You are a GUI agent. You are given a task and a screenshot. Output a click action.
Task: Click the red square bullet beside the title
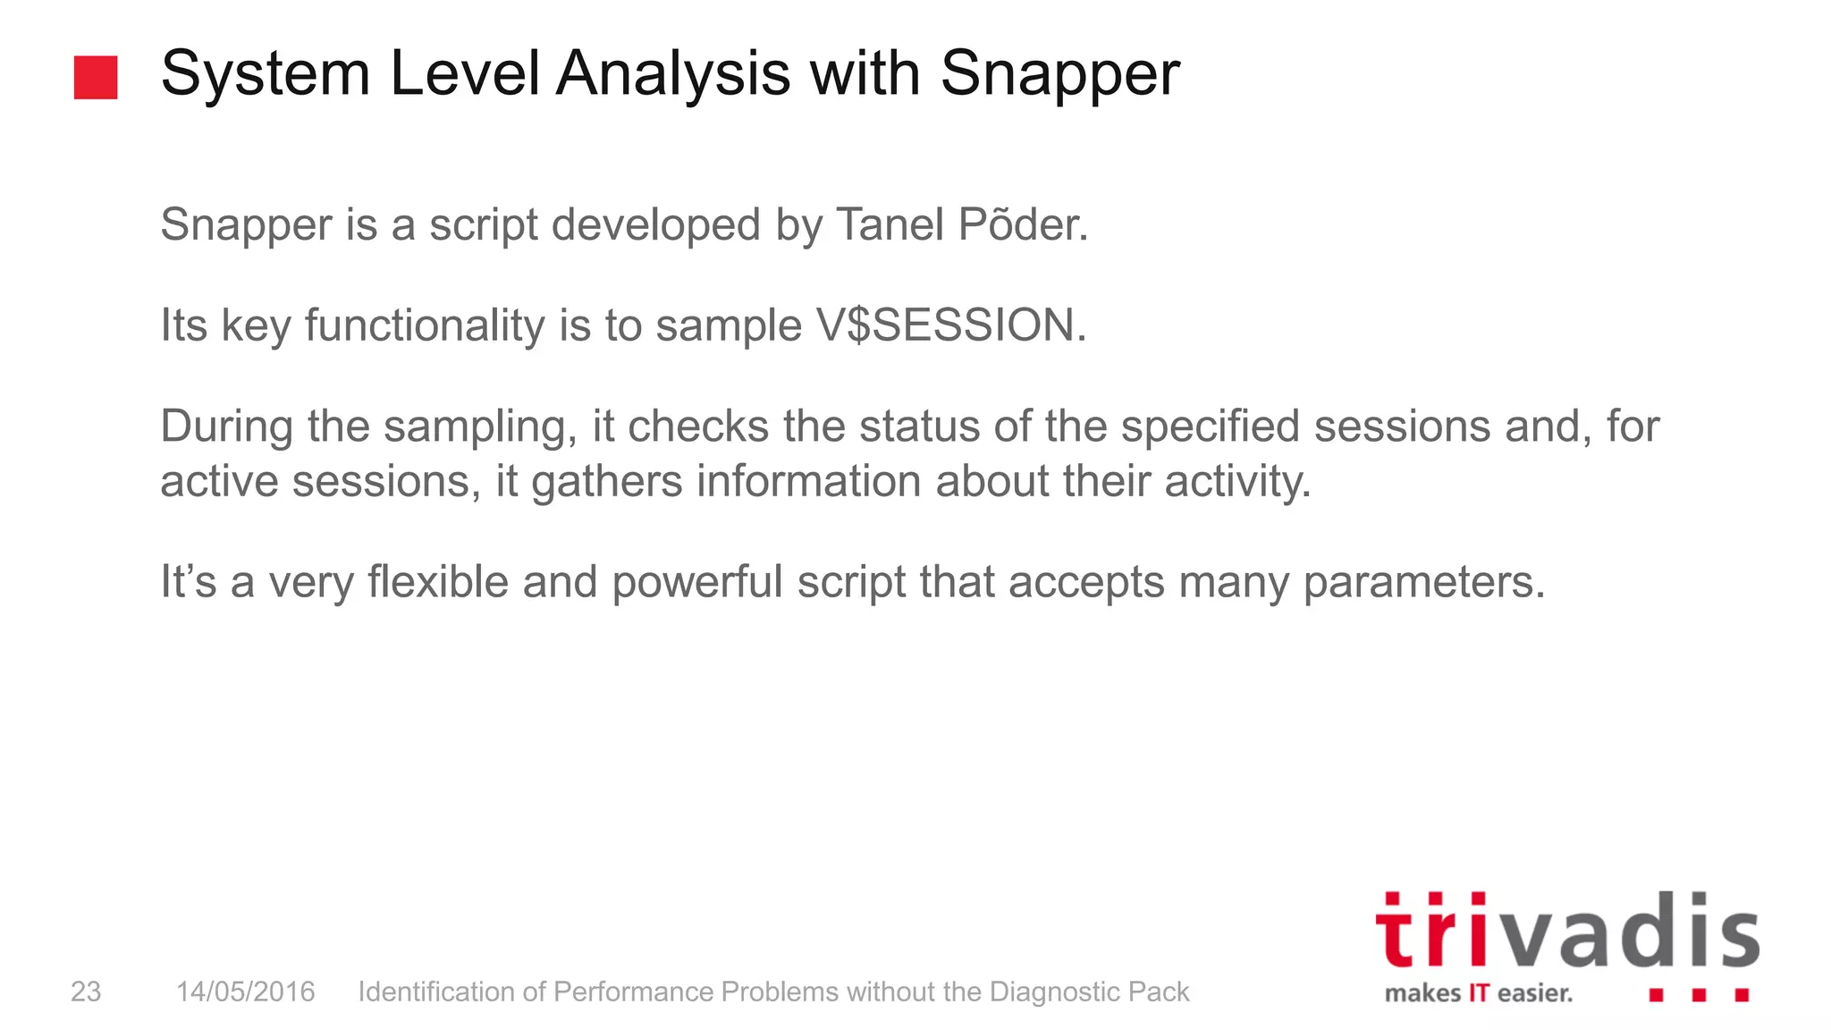(x=96, y=78)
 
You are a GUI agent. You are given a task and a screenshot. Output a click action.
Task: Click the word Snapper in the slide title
(x=1059, y=74)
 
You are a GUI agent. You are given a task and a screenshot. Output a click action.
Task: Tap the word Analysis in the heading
(x=672, y=74)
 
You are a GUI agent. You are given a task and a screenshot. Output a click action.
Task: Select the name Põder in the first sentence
(x=1023, y=224)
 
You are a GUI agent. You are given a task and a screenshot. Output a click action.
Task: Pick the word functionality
(x=425, y=325)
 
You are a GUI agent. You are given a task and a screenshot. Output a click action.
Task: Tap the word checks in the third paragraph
(x=698, y=426)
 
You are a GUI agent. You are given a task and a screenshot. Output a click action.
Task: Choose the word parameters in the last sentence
(x=1423, y=582)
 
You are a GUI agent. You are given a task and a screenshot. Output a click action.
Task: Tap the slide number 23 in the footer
(x=86, y=992)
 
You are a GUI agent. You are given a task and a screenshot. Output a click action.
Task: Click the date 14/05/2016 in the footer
(x=245, y=992)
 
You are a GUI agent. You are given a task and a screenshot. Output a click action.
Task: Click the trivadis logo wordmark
(x=1566, y=933)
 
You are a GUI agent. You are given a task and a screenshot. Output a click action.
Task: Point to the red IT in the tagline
(x=1479, y=993)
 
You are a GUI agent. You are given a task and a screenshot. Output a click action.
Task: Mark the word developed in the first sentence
(x=656, y=224)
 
